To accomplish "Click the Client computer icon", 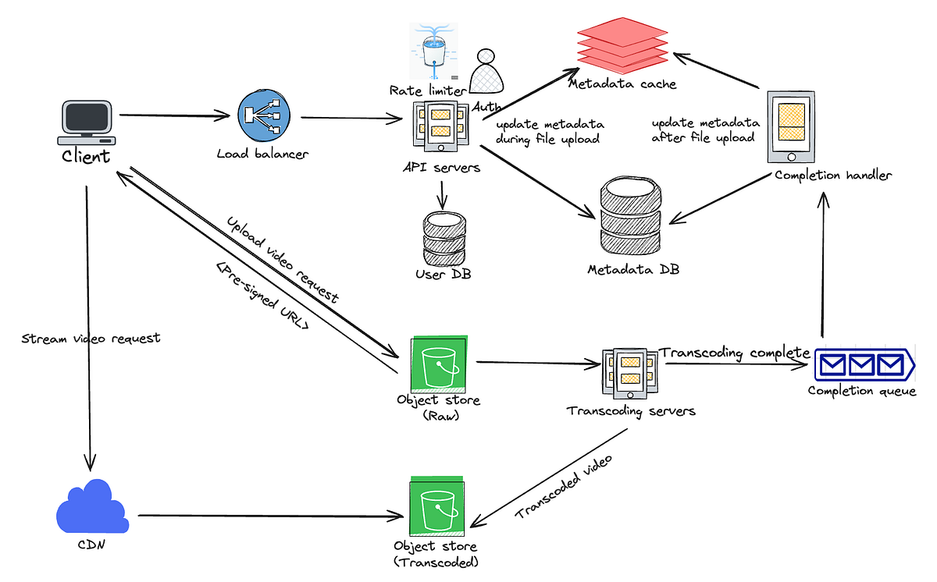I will point(87,121).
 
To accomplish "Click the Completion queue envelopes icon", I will point(862,365).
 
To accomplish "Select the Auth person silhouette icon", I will point(487,73).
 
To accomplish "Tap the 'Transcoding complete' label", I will point(735,353).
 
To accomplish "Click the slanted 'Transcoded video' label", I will point(563,484).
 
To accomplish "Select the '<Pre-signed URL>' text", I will point(262,300).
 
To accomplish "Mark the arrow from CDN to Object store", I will point(265,516).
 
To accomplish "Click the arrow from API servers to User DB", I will point(443,193).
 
